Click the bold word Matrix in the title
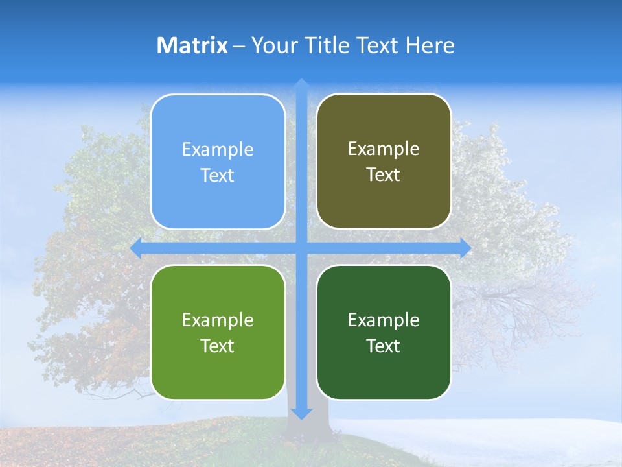pos(192,45)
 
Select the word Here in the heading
pos(430,45)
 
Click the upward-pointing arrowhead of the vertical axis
pos(301,83)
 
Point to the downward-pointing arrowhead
pos(301,414)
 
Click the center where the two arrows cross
pos(301,248)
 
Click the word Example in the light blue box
pos(218,150)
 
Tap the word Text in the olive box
pos(383,175)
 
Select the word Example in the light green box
pos(218,320)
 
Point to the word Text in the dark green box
pos(383,346)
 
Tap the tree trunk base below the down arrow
pos(305,431)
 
